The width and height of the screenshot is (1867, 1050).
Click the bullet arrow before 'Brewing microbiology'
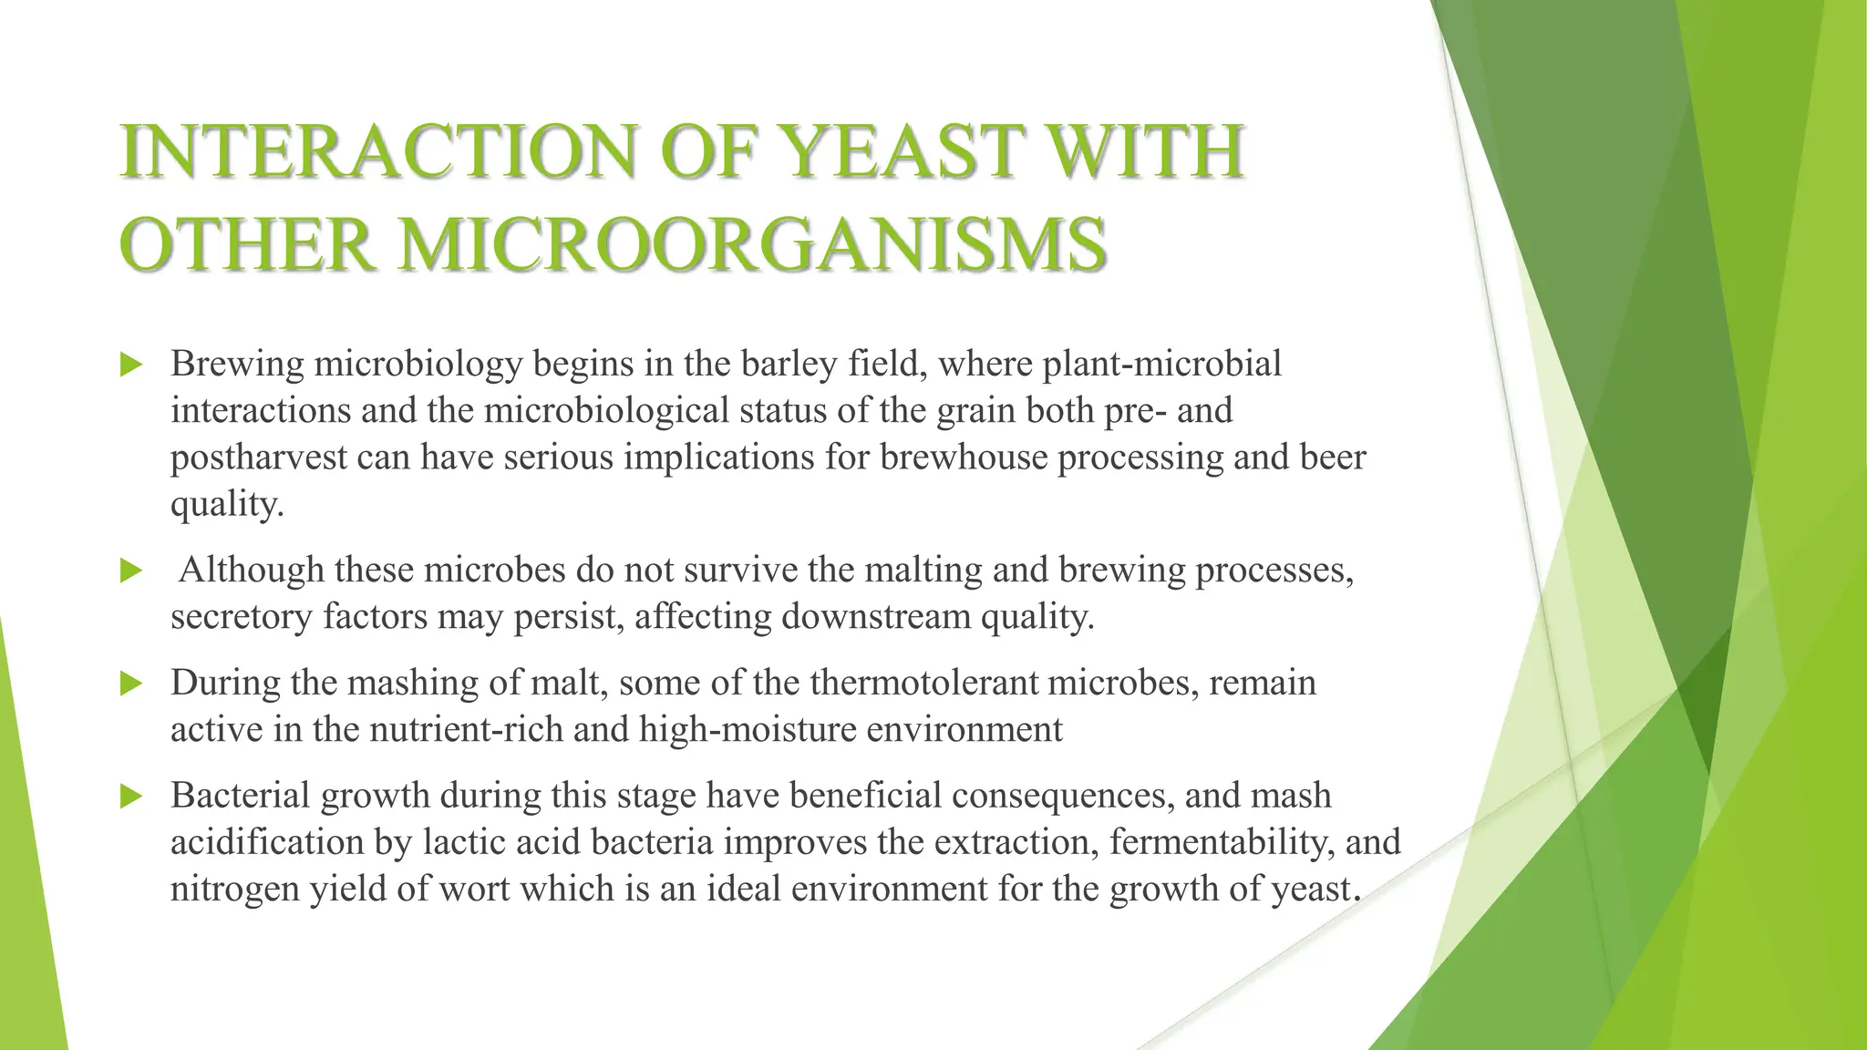132,365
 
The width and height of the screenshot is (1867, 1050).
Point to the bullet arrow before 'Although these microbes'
132,571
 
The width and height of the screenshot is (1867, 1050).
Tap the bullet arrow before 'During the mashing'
132,684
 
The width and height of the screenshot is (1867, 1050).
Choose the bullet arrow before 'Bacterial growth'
132,798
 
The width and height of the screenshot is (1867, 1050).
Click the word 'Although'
252,570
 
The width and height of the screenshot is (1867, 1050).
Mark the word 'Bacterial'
239,796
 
